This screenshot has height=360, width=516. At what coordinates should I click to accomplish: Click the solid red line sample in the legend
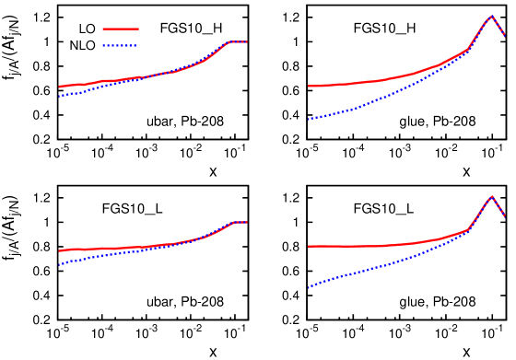[x=120, y=29]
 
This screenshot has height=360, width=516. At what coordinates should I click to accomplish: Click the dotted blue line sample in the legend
[x=120, y=45]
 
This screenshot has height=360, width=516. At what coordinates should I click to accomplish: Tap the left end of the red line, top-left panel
[x=60, y=87]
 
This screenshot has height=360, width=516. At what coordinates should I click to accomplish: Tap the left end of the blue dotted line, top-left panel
[x=60, y=96]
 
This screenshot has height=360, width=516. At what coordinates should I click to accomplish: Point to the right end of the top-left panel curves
[x=247, y=41]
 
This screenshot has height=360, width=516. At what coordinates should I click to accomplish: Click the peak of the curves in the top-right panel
[x=491, y=16]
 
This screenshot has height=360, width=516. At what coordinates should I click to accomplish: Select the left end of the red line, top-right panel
[x=309, y=87]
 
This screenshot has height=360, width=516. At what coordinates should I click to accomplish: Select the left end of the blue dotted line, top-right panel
[x=309, y=119]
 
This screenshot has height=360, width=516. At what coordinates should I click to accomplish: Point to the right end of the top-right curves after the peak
[x=505, y=36]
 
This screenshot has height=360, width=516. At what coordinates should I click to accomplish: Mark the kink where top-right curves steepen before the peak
[x=468, y=49]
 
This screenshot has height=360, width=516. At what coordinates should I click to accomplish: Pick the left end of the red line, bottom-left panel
[x=60, y=250]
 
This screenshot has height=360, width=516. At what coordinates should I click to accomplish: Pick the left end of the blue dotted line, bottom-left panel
[x=60, y=265]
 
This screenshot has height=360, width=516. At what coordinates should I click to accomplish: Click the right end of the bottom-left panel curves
[x=247, y=222]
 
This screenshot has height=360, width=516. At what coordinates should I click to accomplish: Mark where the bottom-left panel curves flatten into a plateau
[x=231, y=223]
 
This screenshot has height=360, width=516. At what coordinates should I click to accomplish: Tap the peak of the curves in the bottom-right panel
[x=491, y=196]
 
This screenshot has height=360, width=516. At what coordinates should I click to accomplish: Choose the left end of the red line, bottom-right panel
[x=309, y=247]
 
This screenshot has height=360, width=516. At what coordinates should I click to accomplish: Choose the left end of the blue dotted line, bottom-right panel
[x=309, y=287]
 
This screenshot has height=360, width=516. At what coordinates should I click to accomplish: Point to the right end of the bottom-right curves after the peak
[x=505, y=216]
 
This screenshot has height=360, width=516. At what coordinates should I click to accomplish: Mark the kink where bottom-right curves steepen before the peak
[x=469, y=228]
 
